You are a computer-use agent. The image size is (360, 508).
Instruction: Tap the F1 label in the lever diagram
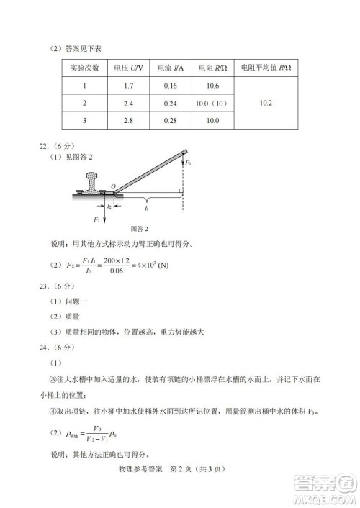click(188, 163)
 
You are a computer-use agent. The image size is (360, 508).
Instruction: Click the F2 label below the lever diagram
click(96, 218)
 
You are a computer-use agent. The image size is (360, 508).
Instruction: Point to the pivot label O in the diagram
click(112, 186)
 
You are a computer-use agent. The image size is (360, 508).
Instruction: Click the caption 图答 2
click(136, 229)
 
